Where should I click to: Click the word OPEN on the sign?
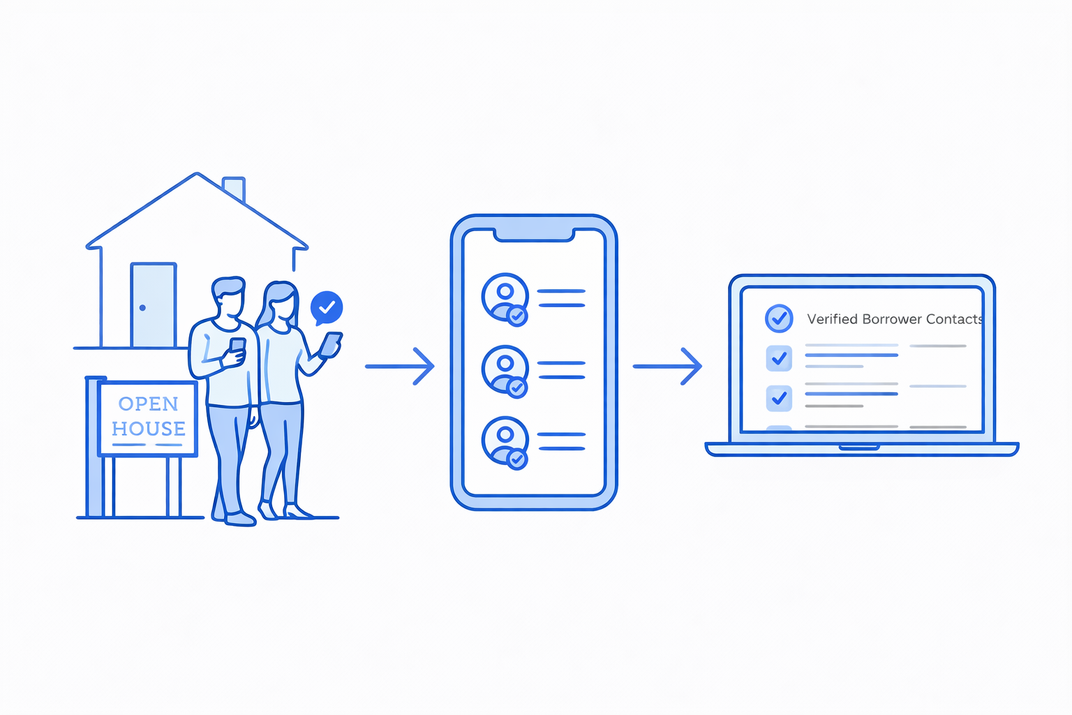click(x=149, y=404)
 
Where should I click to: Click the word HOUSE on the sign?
click(x=149, y=428)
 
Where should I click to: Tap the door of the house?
click(x=154, y=305)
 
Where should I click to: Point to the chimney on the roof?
click(x=234, y=188)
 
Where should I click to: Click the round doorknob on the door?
click(x=142, y=308)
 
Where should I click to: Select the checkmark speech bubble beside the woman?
click(x=326, y=307)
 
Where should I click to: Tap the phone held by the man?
click(x=237, y=346)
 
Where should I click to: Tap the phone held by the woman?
click(x=332, y=343)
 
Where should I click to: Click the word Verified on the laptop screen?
click(x=832, y=319)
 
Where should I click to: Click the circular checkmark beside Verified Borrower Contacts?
click(x=779, y=318)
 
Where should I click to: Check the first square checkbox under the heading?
click(x=779, y=358)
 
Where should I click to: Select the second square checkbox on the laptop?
click(x=779, y=398)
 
